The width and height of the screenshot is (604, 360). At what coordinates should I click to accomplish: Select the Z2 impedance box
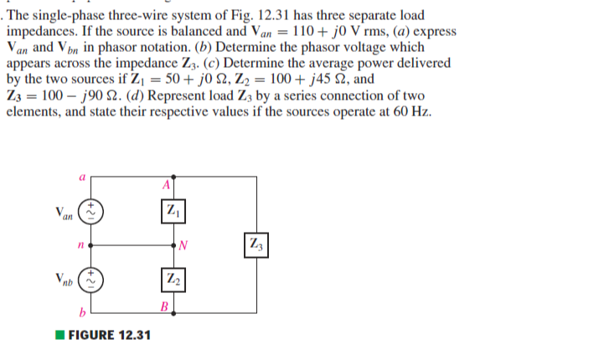click(x=171, y=279)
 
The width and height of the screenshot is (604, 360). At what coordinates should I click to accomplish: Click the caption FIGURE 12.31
click(x=109, y=336)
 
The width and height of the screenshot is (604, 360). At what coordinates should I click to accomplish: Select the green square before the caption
click(x=60, y=336)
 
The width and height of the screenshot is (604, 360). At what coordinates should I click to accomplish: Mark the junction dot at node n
click(x=91, y=246)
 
